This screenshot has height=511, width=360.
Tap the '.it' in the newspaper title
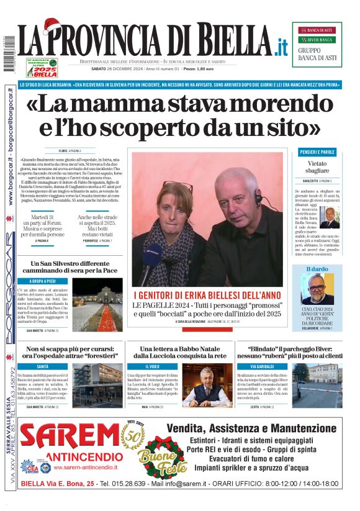click(281, 45)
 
